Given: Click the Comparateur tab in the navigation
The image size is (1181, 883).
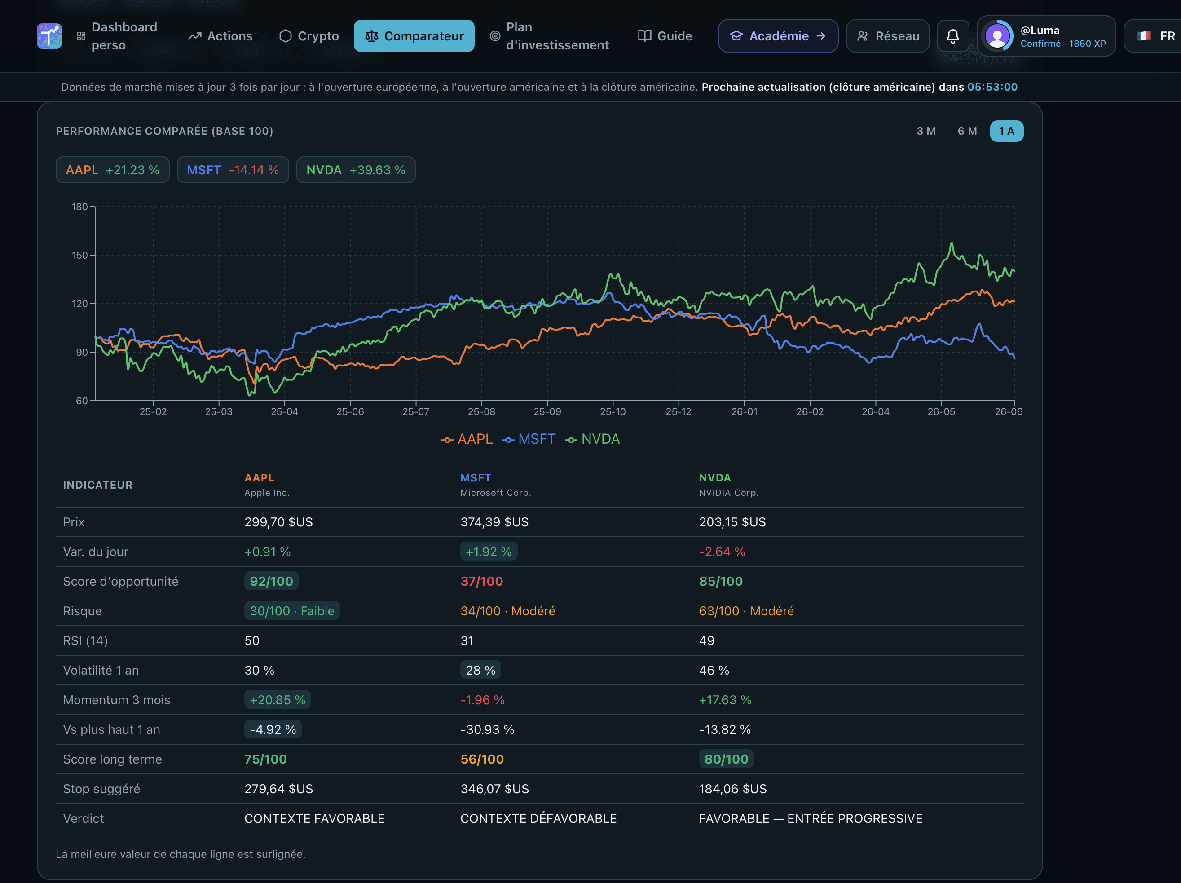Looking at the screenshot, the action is (x=414, y=36).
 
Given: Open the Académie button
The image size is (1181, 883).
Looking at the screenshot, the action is (x=778, y=36).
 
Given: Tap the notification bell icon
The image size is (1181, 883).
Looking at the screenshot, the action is (x=952, y=36).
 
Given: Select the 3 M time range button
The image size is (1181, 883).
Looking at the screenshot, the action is (x=926, y=131).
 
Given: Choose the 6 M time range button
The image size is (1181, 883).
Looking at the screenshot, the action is (x=967, y=131).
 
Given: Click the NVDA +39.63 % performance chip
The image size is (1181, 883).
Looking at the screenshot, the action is (x=356, y=170).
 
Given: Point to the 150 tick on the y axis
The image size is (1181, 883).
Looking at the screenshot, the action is (x=80, y=255).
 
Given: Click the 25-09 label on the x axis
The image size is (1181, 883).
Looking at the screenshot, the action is (x=547, y=411).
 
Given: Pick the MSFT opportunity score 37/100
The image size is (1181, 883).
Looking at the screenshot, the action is (x=481, y=581).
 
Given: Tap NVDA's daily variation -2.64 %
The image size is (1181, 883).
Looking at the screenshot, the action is (x=722, y=552).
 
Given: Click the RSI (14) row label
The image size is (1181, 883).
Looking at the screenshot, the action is (x=85, y=640).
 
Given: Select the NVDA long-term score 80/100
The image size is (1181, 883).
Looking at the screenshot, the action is (x=726, y=759).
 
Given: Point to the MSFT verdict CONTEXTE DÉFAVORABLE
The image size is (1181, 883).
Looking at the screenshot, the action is (x=538, y=818).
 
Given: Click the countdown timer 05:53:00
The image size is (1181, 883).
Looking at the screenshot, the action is (x=992, y=87).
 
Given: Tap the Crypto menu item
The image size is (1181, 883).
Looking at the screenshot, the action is (x=309, y=36).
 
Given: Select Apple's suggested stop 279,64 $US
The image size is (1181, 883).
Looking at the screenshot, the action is (x=279, y=789).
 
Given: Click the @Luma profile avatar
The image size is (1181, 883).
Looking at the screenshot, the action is (x=997, y=36).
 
